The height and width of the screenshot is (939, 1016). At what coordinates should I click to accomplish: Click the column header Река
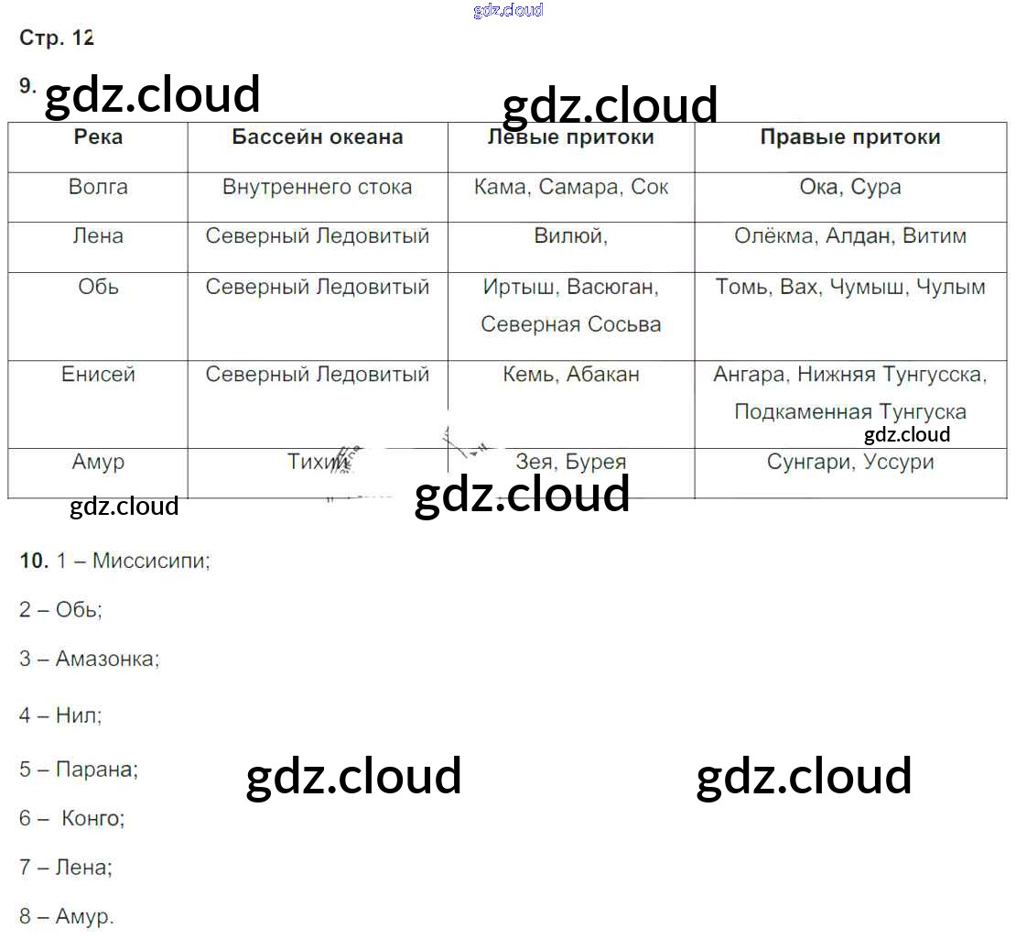pyautogui.click(x=98, y=137)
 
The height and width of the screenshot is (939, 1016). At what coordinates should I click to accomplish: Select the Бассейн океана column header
pyautogui.click(x=317, y=137)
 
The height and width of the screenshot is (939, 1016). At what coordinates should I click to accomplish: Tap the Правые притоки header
pyautogui.click(x=850, y=137)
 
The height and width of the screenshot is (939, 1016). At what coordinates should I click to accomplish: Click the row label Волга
pyautogui.click(x=98, y=188)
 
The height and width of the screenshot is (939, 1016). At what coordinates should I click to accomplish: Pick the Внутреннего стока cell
pyautogui.click(x=317, y=188)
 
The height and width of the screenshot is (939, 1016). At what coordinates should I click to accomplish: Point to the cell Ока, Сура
pyautogui.click(x=850, y=188)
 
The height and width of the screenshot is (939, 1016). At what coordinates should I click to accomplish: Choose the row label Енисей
pyautogui.click(x=98, y=375)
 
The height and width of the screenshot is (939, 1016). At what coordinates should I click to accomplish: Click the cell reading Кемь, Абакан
pyautogui.click(x=571, y=375)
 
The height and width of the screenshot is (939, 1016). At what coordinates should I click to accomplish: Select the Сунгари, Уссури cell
pyautogui.click(x=850, y=462)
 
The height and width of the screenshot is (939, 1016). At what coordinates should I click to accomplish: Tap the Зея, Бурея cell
pyautogui.click(x=570, y=462)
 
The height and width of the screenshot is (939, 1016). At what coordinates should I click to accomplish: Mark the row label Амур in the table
pyautogui.click(x=98, y=462)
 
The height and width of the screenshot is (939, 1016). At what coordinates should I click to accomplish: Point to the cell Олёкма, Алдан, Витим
pyautogui.click(x=850, y=236)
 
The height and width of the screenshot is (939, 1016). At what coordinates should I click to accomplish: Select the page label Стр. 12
pyautogui.click(x=57, y=38)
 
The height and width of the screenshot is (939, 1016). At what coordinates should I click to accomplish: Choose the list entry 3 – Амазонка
pyautogui.click(x=89, y=659)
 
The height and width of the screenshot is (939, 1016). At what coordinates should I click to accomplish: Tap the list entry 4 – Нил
pyautogui.click(x=60, y=715)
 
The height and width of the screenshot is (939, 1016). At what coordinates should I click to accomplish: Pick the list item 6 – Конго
pyautogui.click(x=72, y=818)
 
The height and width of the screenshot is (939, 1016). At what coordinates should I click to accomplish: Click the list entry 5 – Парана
pyautogui.click(x=79, y=770)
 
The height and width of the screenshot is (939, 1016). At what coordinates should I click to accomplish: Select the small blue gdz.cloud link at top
pyautogui.click(x=508, y=10)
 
